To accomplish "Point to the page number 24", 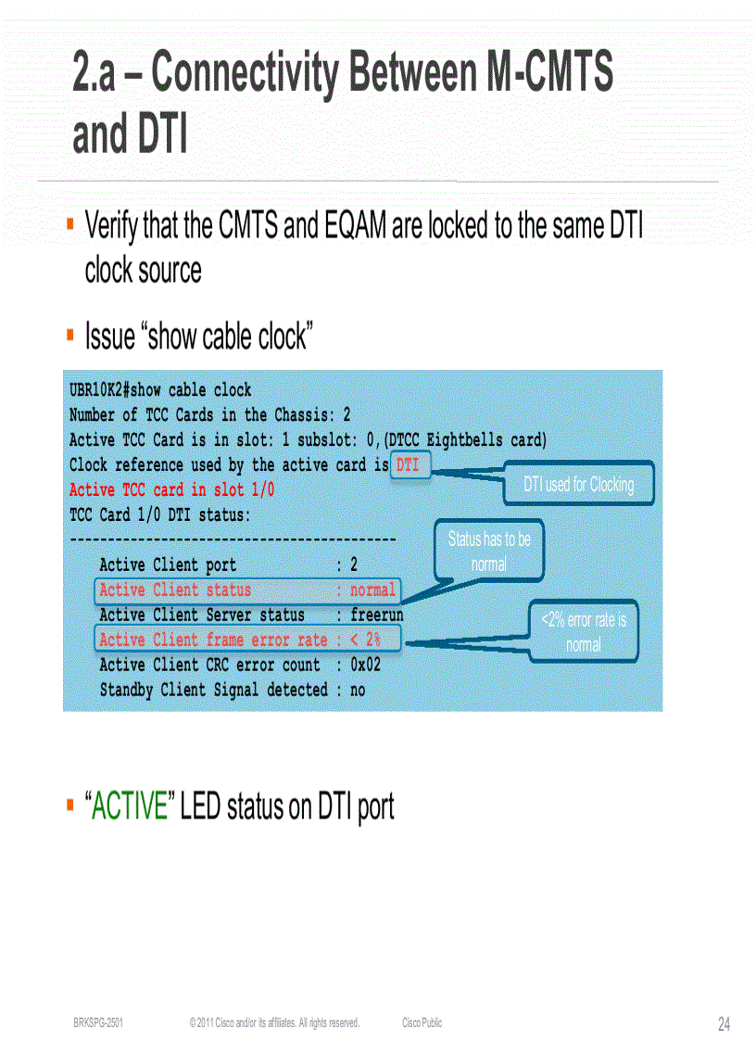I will coord(724,1023).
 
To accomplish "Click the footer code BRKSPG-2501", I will coord(98,1023).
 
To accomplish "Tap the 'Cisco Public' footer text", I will coord(422,1023).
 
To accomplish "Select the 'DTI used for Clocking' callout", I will coord(579,484).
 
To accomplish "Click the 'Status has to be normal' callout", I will coord(489,551).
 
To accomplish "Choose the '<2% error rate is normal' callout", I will coord(584,632).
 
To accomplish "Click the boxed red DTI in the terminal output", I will coord(408,465).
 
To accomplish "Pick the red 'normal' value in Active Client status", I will coord(372,590).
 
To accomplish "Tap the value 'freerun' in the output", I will coord(376,615).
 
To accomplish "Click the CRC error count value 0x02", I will coord(365,665).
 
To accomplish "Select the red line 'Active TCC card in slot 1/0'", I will coord(171,489).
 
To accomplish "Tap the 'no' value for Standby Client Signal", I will coord(358,690).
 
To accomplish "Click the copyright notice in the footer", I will coord(274,1023).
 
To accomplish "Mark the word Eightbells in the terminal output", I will coord(465,440).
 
